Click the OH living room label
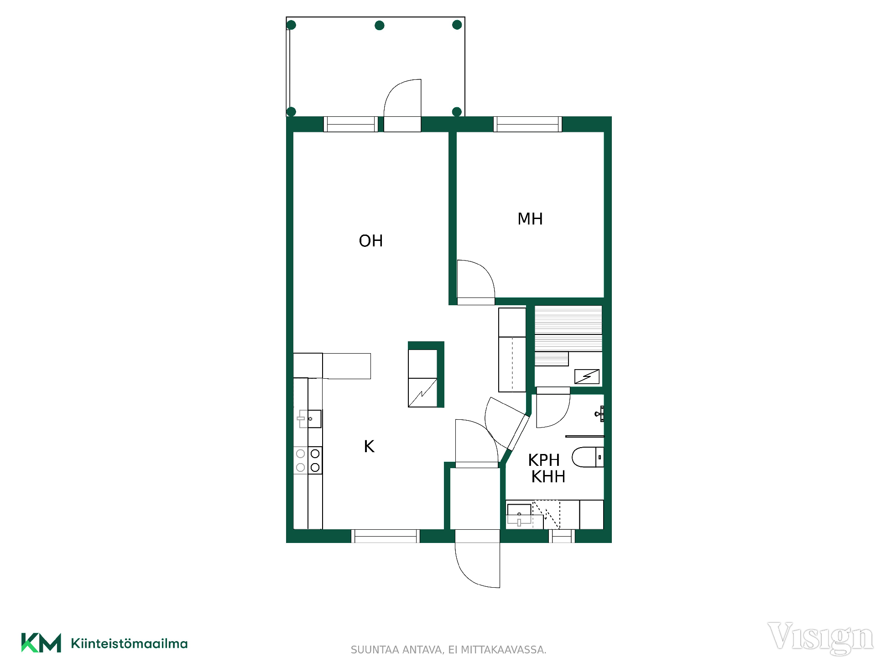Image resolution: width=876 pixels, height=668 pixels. click(x=370, y=241)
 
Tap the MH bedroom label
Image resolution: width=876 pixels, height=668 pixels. click(x=530, y=219)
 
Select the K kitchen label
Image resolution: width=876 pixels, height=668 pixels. click(x=369, y=446)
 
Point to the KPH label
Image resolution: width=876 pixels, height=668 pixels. click(x=544, y=460)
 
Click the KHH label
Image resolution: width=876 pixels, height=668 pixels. click(x=548, y=477)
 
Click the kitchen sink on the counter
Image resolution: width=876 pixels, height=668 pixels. click(x=309, y=418)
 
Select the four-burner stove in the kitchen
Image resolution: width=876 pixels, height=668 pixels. click(x=308, y=460)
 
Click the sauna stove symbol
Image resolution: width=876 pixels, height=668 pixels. click(x=587, y=376)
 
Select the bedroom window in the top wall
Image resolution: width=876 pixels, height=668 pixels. click(x=528, y=124)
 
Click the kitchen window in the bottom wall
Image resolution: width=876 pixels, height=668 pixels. click(x=386, y=536)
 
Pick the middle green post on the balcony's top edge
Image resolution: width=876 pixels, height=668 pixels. click(x=380, y=26)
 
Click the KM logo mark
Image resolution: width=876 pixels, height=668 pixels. click(x=41, y=643)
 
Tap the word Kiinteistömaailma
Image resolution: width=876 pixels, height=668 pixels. click(x=130, y=643)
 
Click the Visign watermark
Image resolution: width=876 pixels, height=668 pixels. click(x=820, y=638)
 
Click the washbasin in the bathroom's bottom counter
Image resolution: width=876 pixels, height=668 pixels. click(x=519, y=515)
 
